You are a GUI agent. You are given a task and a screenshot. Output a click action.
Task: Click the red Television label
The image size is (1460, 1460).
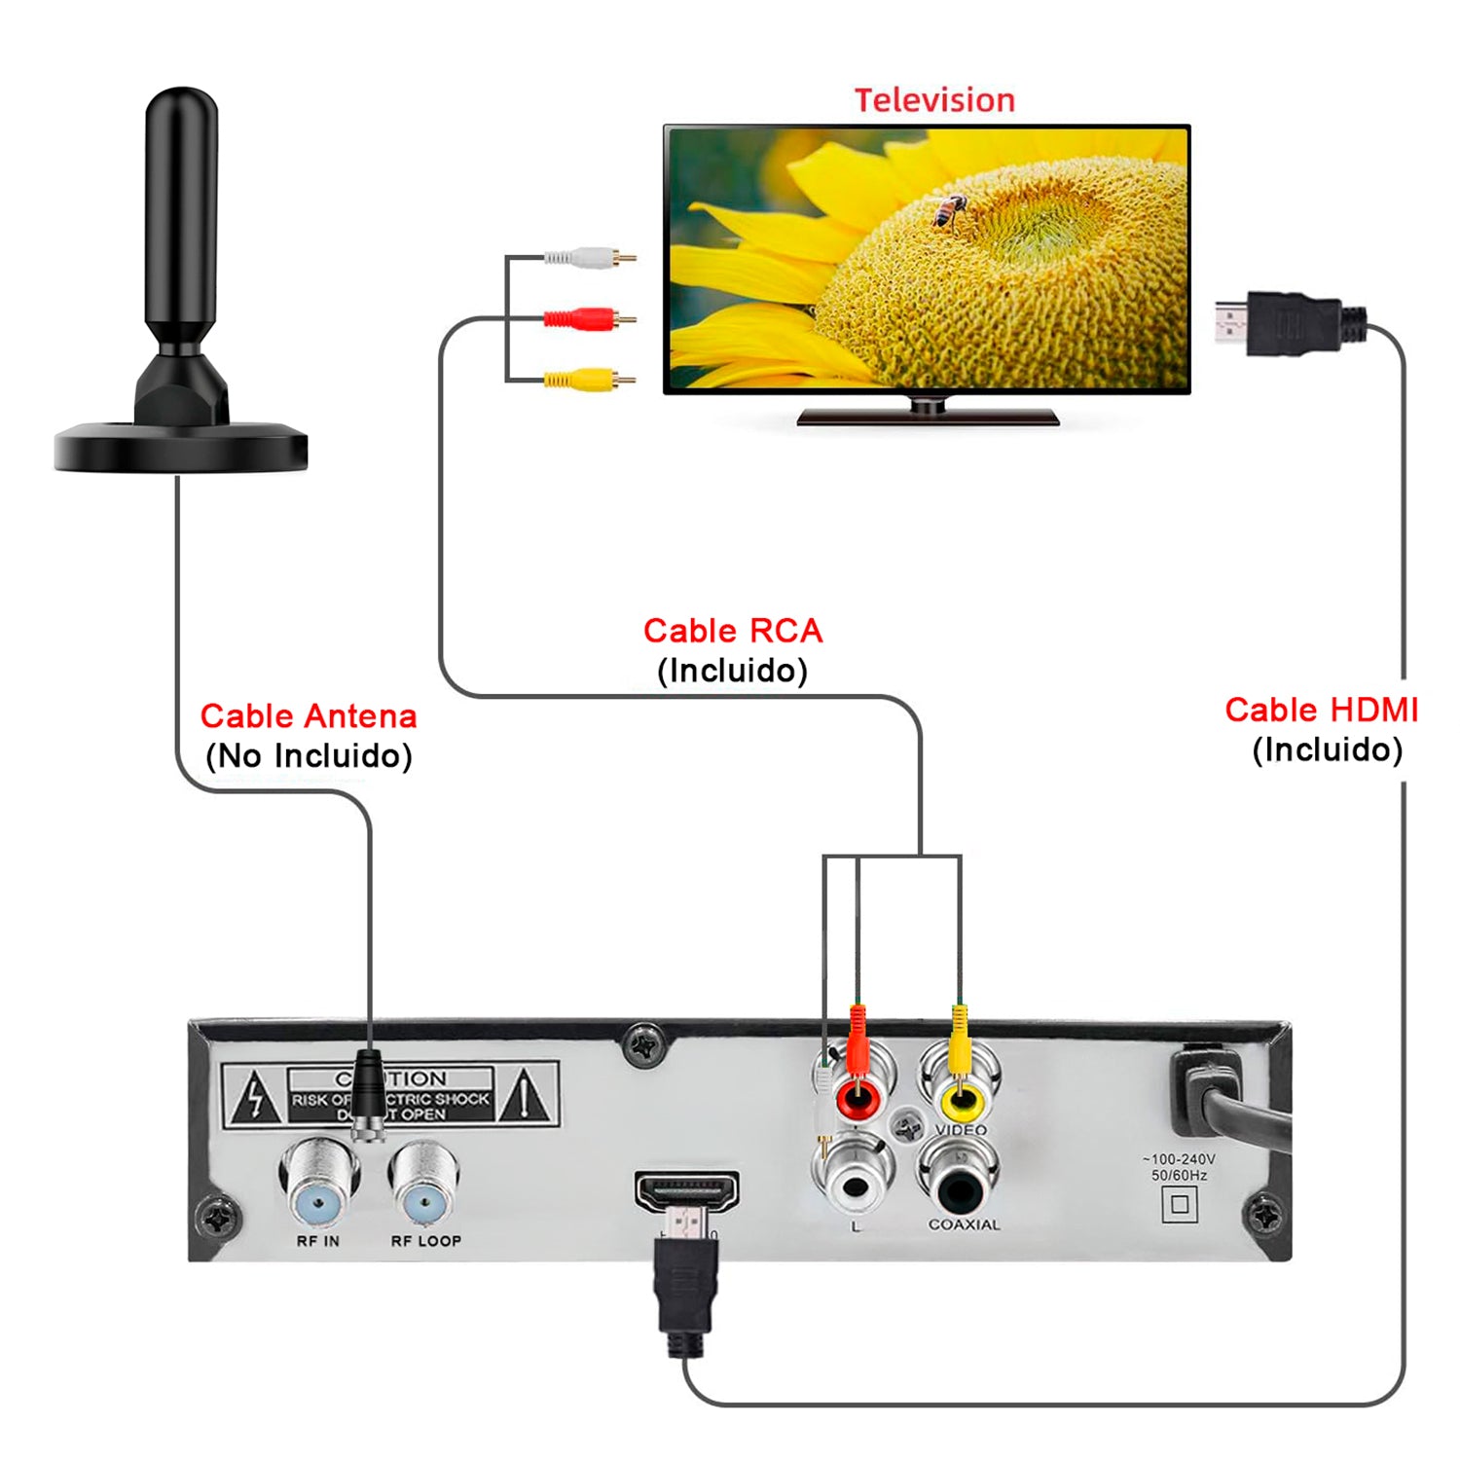[934, 100]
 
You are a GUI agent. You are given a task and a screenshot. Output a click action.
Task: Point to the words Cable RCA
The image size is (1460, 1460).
[732, 631]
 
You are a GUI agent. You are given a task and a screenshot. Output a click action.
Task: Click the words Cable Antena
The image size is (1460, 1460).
[308, 716]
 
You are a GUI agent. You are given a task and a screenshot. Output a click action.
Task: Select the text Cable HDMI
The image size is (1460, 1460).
[1320, 711]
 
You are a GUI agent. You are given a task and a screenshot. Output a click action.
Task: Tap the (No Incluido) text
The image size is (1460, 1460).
[309, 756]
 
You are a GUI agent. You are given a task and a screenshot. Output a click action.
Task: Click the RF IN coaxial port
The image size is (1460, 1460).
[318, 1186]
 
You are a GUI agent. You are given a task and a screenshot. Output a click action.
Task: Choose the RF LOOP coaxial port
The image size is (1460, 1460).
[424, 1186]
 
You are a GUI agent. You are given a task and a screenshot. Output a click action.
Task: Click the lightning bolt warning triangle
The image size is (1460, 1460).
[254, 1097]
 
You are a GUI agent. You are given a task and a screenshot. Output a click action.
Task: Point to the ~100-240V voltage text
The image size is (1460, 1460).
[1179, 1159]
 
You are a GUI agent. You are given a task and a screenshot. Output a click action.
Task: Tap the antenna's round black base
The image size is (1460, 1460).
[181, 450]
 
